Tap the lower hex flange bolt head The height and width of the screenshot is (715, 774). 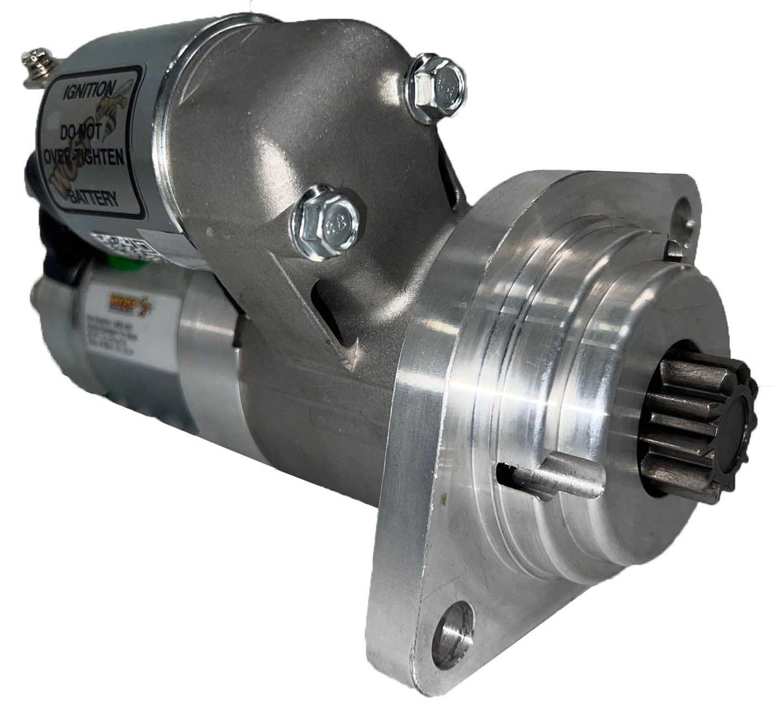(x=325, y=220)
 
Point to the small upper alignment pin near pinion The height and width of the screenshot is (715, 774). (x=673, y=249)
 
